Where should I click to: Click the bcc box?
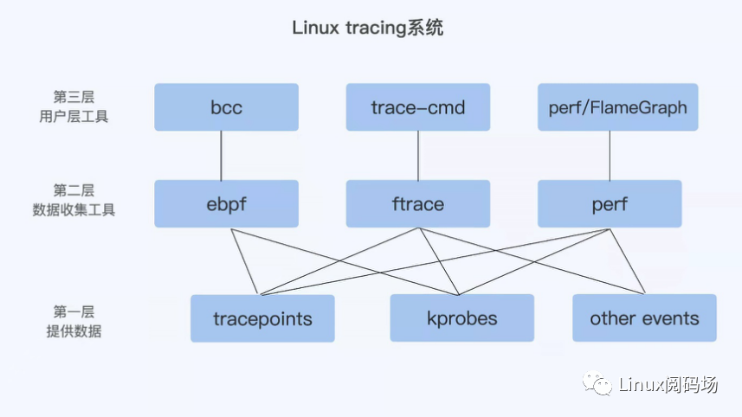[x=226, y=107]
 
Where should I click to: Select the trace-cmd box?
[x=417, y=107]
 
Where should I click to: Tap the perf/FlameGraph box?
[x=617, y=107]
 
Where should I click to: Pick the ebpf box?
[x=226, y=204]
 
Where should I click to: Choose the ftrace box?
[x=417, y=204]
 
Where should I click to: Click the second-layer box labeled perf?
[x=610, y=204]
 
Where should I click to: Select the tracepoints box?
[x=262, y=318]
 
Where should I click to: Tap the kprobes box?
[x=461, y=318]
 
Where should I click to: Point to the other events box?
[x=644, y=318]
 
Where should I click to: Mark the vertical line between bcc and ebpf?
[x=222, y=156]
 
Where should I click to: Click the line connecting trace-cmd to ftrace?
[x=418, y=156]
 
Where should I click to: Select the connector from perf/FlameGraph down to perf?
[x=610, y=156]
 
